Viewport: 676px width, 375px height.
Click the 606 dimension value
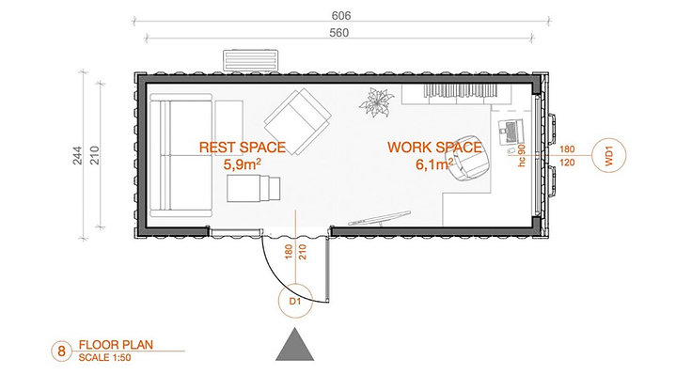click(x=341, y=16)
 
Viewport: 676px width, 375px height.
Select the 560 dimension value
click(x=338, y=33)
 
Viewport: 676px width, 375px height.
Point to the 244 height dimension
click(x=77, y=156)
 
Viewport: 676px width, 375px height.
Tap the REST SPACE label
click(x=243, y=148)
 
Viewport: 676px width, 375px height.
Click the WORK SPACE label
click(x=434, y=148)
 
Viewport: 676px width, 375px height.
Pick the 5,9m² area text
click(x=243, y=164)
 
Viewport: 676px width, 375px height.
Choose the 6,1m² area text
click(x=434, y=164)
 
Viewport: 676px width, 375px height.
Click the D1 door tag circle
click(x=295, y=301)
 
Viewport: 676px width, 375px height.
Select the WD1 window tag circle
click(x=608, y=156)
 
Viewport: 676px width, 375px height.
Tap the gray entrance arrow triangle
click(x=295, y=345)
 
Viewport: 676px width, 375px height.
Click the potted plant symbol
click(x=376, y=102)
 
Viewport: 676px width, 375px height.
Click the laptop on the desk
click(x=511, y=131)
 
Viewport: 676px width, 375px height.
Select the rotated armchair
click(x=298, y=121)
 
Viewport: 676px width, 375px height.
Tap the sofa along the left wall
click(x=181, y=156)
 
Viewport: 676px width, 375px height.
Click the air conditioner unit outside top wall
click(x=250, y=60)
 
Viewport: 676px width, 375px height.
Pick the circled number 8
click(x=62, y=352)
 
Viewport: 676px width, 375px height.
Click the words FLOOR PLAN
click(x=116, y=345)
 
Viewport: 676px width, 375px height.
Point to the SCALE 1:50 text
click(x=104, y=357)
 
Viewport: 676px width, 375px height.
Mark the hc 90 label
click(x=522, y=156)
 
